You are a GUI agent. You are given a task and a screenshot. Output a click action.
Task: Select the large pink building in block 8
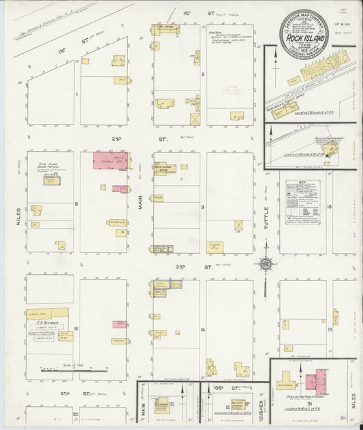(x=110, y=161)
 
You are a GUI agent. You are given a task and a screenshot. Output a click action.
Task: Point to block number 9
(x=202, y=205)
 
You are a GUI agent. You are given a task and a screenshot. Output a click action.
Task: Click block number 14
(x=202, y=329)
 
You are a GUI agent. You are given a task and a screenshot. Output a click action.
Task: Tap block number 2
(x=202, y=73)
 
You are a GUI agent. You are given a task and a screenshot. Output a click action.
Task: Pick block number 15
(x=77, y=329)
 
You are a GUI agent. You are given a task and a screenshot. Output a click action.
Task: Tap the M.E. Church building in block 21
(x=161, y=405)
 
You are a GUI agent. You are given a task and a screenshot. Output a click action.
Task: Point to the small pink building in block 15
(x=120, y=324)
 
